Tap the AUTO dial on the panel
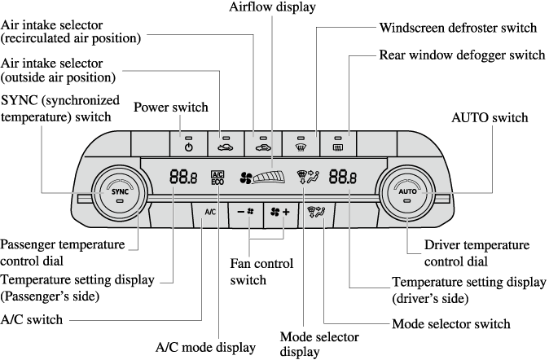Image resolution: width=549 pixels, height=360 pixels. tap(407, 193)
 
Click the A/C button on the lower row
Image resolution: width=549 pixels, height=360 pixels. tap(208, 212)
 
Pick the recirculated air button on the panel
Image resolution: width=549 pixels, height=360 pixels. tap(226, 143)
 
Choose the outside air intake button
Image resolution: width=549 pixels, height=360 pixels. tap(262, 143)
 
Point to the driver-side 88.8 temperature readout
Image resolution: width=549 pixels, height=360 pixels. tap(343, 176)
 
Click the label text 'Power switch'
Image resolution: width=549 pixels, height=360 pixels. tap(171, 108)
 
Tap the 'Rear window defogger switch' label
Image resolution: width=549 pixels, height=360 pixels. tap(462, 55)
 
